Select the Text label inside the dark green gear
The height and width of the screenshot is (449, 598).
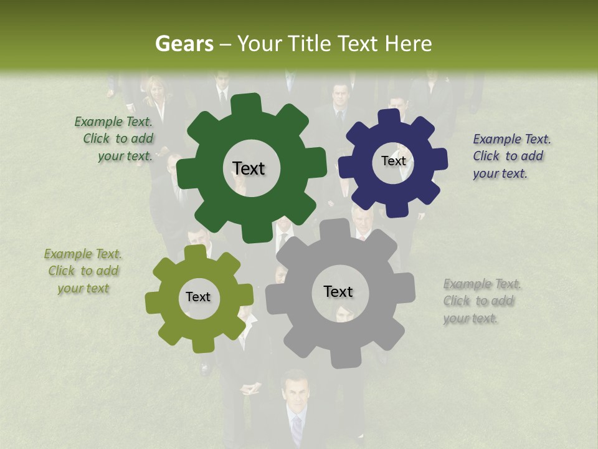249,168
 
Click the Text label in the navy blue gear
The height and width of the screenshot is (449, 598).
393,161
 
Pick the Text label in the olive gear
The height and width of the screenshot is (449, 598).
198,297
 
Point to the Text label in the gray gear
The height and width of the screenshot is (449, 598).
338,291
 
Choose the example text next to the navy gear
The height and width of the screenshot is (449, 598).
511,156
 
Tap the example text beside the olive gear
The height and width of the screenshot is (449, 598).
83,271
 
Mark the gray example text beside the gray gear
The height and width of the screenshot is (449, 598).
481,301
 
